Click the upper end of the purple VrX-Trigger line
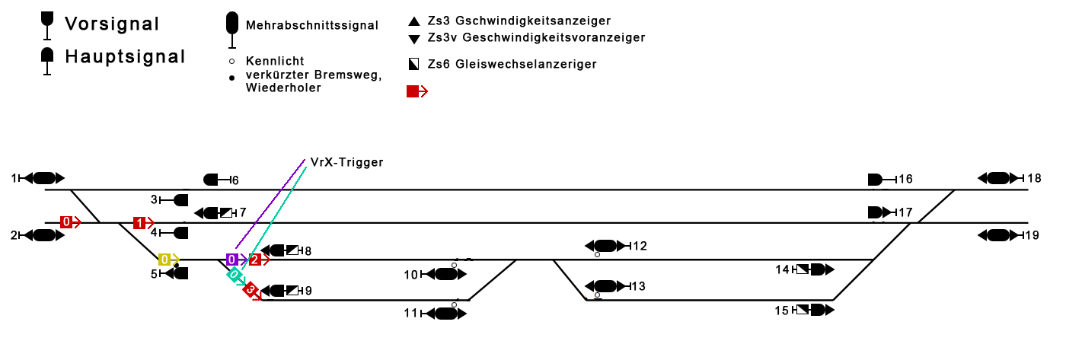305,159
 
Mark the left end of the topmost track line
45,190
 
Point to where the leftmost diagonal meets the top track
70,190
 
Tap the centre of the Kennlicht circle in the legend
231,62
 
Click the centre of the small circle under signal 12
597,255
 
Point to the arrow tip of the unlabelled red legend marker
428,91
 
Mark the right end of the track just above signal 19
1029,222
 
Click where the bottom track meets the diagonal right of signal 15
833,300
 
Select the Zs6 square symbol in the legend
414,64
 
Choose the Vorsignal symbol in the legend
47,25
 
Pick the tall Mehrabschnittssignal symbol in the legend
232,30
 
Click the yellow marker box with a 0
164,260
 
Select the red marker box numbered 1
139,222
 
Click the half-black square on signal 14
803,269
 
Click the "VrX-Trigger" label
346,162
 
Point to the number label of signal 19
1032,235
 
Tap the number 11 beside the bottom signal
410,313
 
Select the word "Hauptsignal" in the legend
125,56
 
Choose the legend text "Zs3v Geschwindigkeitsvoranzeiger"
536,37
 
